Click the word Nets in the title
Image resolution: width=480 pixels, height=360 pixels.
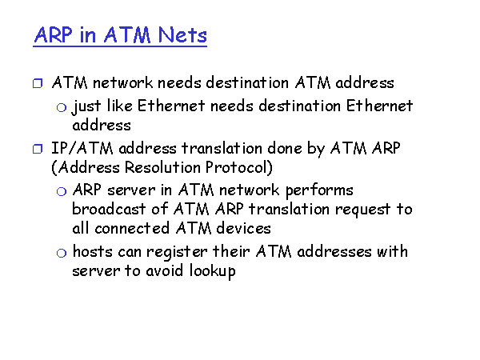click(182, 35)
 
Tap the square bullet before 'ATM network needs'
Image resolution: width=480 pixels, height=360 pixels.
click(38, 83)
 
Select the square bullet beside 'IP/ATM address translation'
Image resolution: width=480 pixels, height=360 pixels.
click(38, 149)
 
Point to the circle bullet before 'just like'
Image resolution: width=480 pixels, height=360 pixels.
click(62, 107)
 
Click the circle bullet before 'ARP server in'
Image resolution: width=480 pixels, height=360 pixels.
click(62, 192)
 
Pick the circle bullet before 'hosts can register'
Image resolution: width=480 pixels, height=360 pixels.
click(62, 253)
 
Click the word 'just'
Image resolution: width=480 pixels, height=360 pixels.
click(86, 107)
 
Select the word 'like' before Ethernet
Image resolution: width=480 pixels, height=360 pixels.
click(120, 106)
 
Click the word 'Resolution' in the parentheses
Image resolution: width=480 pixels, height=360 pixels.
click(162, 167)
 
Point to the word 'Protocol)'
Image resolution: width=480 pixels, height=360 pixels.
click(238, 168)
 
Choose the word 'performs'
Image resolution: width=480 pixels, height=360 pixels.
click(319, 191)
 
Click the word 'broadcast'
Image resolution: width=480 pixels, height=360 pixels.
click(109, 209)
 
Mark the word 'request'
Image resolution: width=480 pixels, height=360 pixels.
click(362, 210)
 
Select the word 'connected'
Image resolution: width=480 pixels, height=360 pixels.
click(132, 228)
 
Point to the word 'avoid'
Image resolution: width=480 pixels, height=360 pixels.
click(164, 270)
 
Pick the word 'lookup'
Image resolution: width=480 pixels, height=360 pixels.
click(212, 272)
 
